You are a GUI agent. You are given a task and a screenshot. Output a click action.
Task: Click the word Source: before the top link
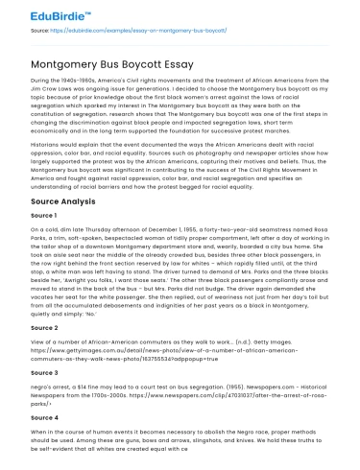(41, 32)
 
